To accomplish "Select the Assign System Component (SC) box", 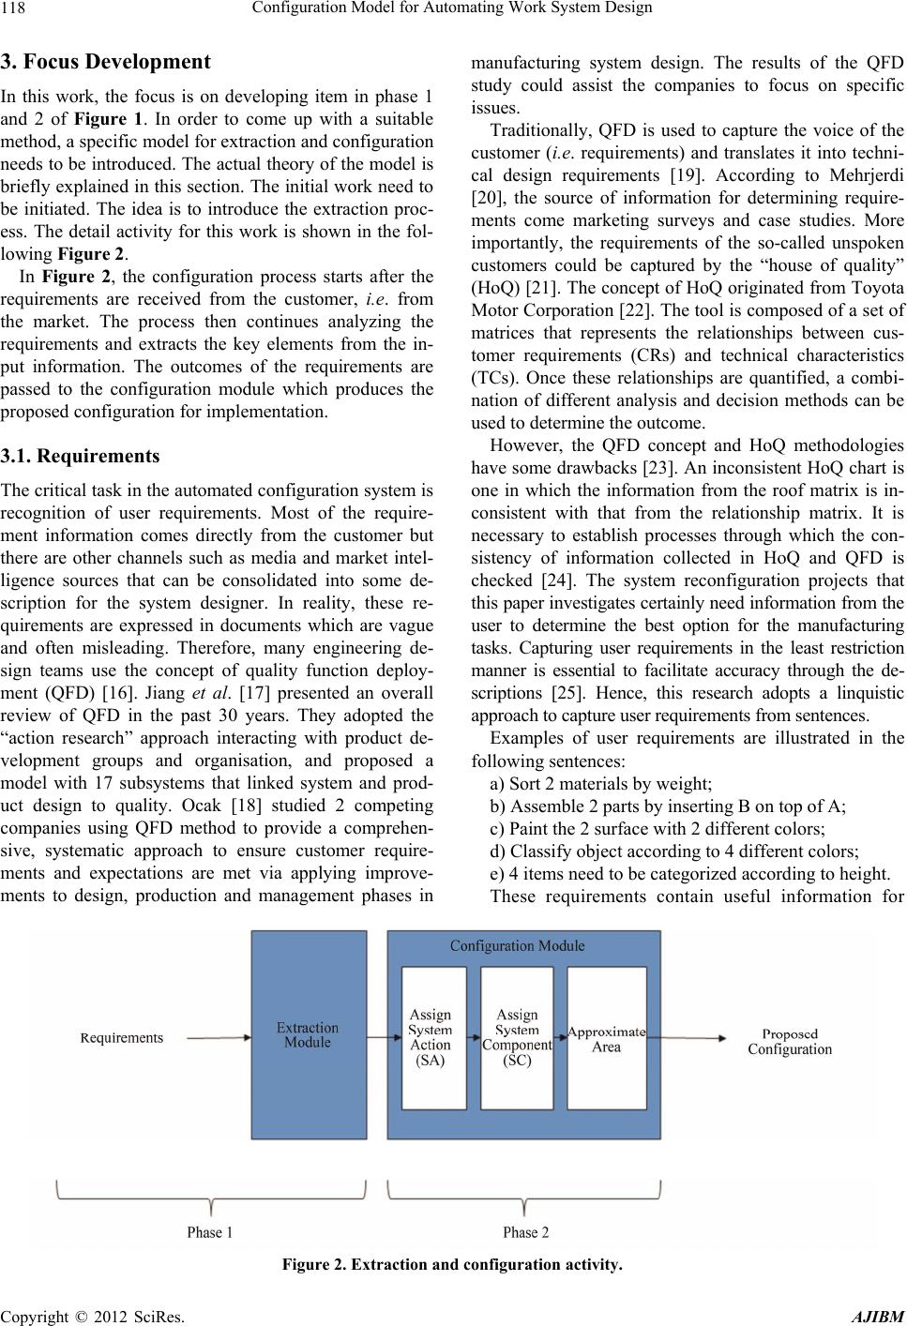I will pyautogui.click(x=517, y=1037).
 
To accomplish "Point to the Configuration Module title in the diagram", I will pyautogui.click(x=517, y=945).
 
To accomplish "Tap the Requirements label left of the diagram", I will pyautogui.click(x=122, y=1037).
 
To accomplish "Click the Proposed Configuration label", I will pyautogui.click(x=790, y=1041).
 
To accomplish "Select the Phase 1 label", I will pyautogui.click(x=210, y=1231).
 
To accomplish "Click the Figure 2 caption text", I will pyautogui.click(x=453, y=1267).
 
